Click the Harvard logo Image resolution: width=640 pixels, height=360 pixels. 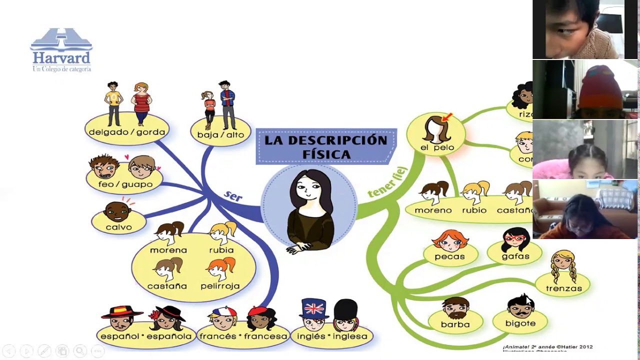point(61,50)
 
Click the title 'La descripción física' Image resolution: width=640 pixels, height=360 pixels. point(326,147)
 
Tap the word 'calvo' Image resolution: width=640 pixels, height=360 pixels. point(119,227)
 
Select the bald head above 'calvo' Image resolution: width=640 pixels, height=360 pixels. point(117,211)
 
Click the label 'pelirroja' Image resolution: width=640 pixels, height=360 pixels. point(220,286)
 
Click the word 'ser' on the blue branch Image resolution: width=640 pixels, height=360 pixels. point(233,196)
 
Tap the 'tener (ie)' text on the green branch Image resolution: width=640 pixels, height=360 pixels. point(388,182)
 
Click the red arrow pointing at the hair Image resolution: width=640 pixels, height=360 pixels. point(447,117)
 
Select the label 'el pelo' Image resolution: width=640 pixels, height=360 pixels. point(437,147)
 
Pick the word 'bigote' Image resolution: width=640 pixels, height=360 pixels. point(520,323)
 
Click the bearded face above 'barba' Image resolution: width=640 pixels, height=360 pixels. point(455,308)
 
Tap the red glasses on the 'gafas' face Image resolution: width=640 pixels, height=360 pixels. point(515,237)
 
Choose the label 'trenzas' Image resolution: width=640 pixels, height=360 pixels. point(564,288)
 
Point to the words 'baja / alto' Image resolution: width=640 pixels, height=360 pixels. point(220,134)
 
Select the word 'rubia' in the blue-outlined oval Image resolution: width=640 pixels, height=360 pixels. point(221,250)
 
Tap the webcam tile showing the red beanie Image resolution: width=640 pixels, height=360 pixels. point(585,89)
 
